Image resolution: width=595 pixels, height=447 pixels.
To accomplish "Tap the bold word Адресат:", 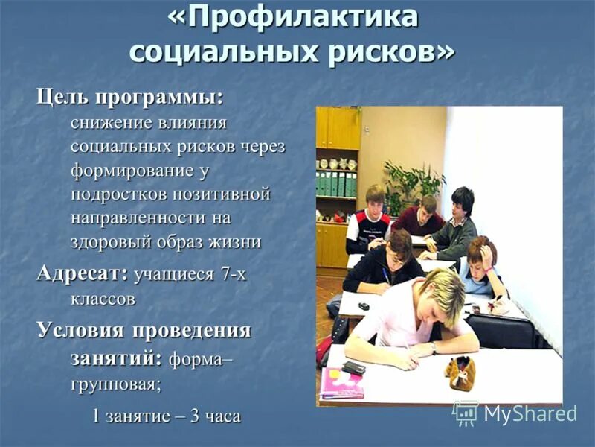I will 83,273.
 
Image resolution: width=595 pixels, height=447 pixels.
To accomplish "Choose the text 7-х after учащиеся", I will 233,274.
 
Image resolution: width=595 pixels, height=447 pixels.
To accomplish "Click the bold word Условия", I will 89,330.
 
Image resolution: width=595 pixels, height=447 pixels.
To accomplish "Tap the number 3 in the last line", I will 195,416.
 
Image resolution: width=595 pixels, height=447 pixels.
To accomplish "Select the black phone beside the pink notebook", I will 353,367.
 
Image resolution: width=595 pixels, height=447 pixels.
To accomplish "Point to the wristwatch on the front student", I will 432,348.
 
